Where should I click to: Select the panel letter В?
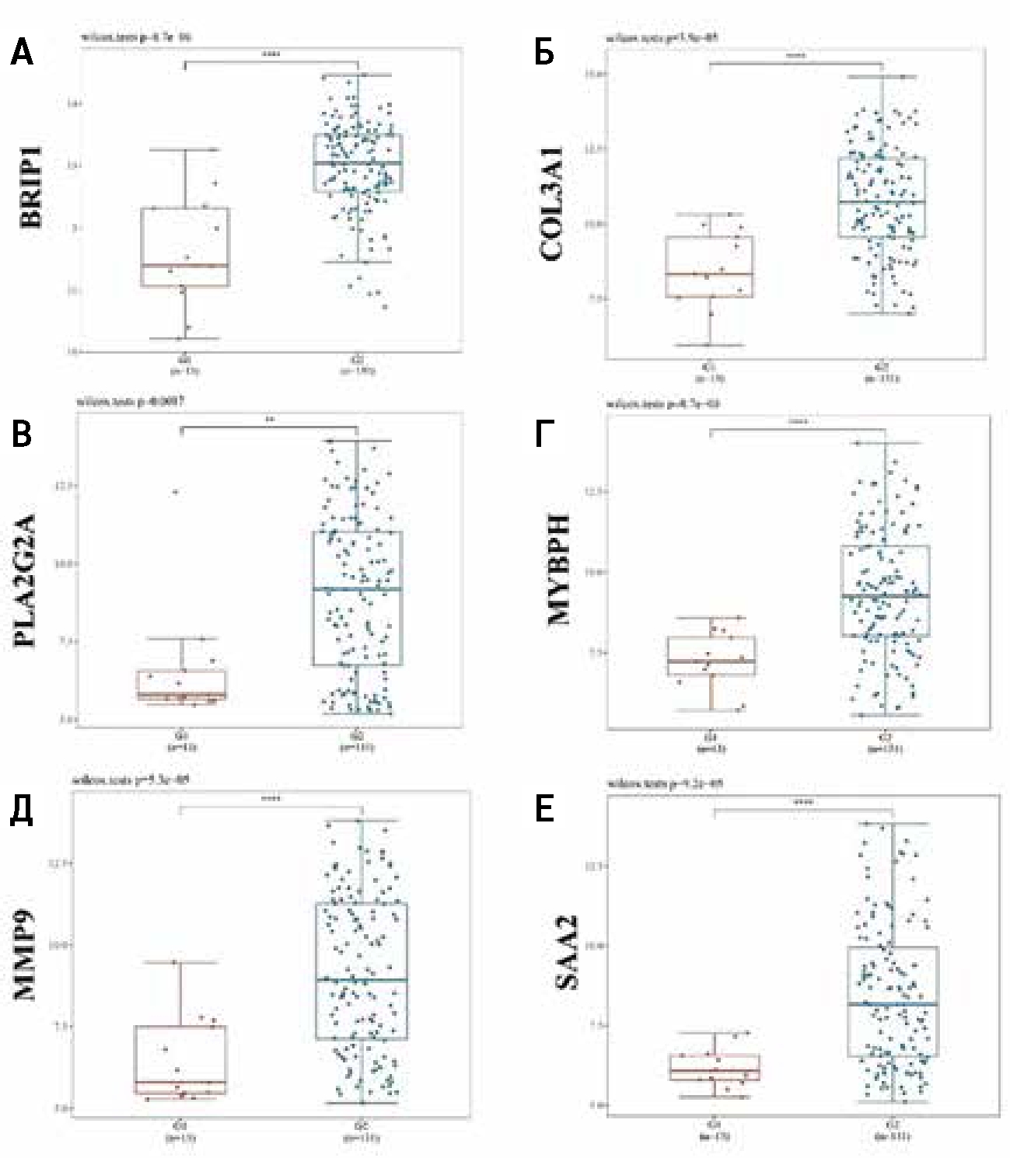click(23, 434)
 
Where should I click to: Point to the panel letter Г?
click(543, 434)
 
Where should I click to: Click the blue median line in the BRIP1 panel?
click(358, 162)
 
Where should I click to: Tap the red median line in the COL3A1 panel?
click(709, 274)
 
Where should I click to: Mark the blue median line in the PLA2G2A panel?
click(358, 589)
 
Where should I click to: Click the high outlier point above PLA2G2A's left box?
click(175, 491)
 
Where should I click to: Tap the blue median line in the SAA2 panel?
click(893, 1004)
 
